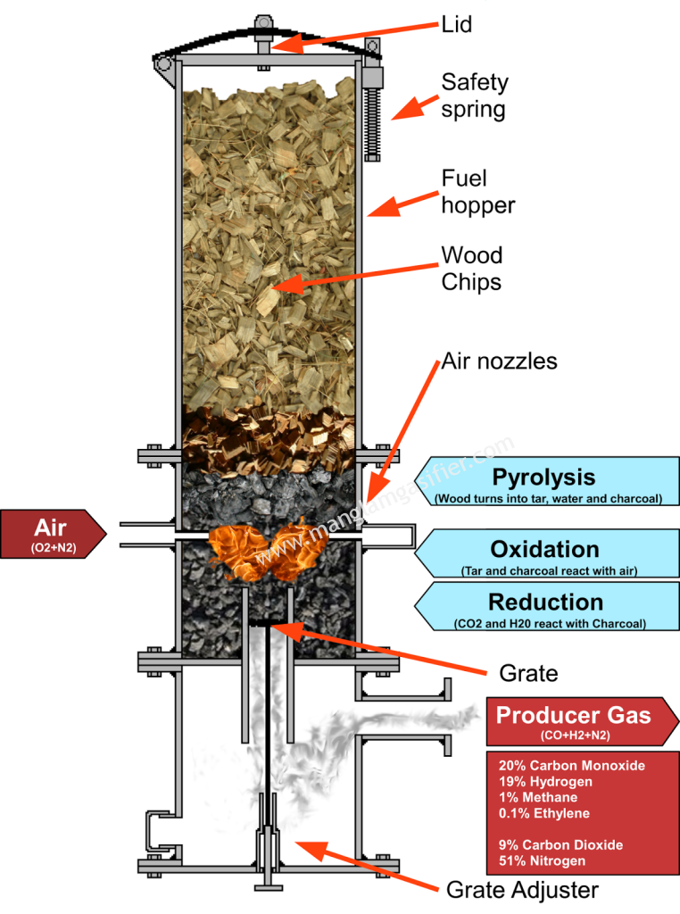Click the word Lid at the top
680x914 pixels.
456,24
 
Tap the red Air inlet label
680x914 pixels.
51,528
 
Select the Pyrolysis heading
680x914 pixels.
543,478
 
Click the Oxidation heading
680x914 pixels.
543,549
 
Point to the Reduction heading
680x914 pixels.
545,602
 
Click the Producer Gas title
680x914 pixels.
573,715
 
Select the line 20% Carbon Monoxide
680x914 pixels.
571,766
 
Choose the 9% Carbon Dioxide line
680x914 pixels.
560,844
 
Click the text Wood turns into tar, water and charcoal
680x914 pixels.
548,498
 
